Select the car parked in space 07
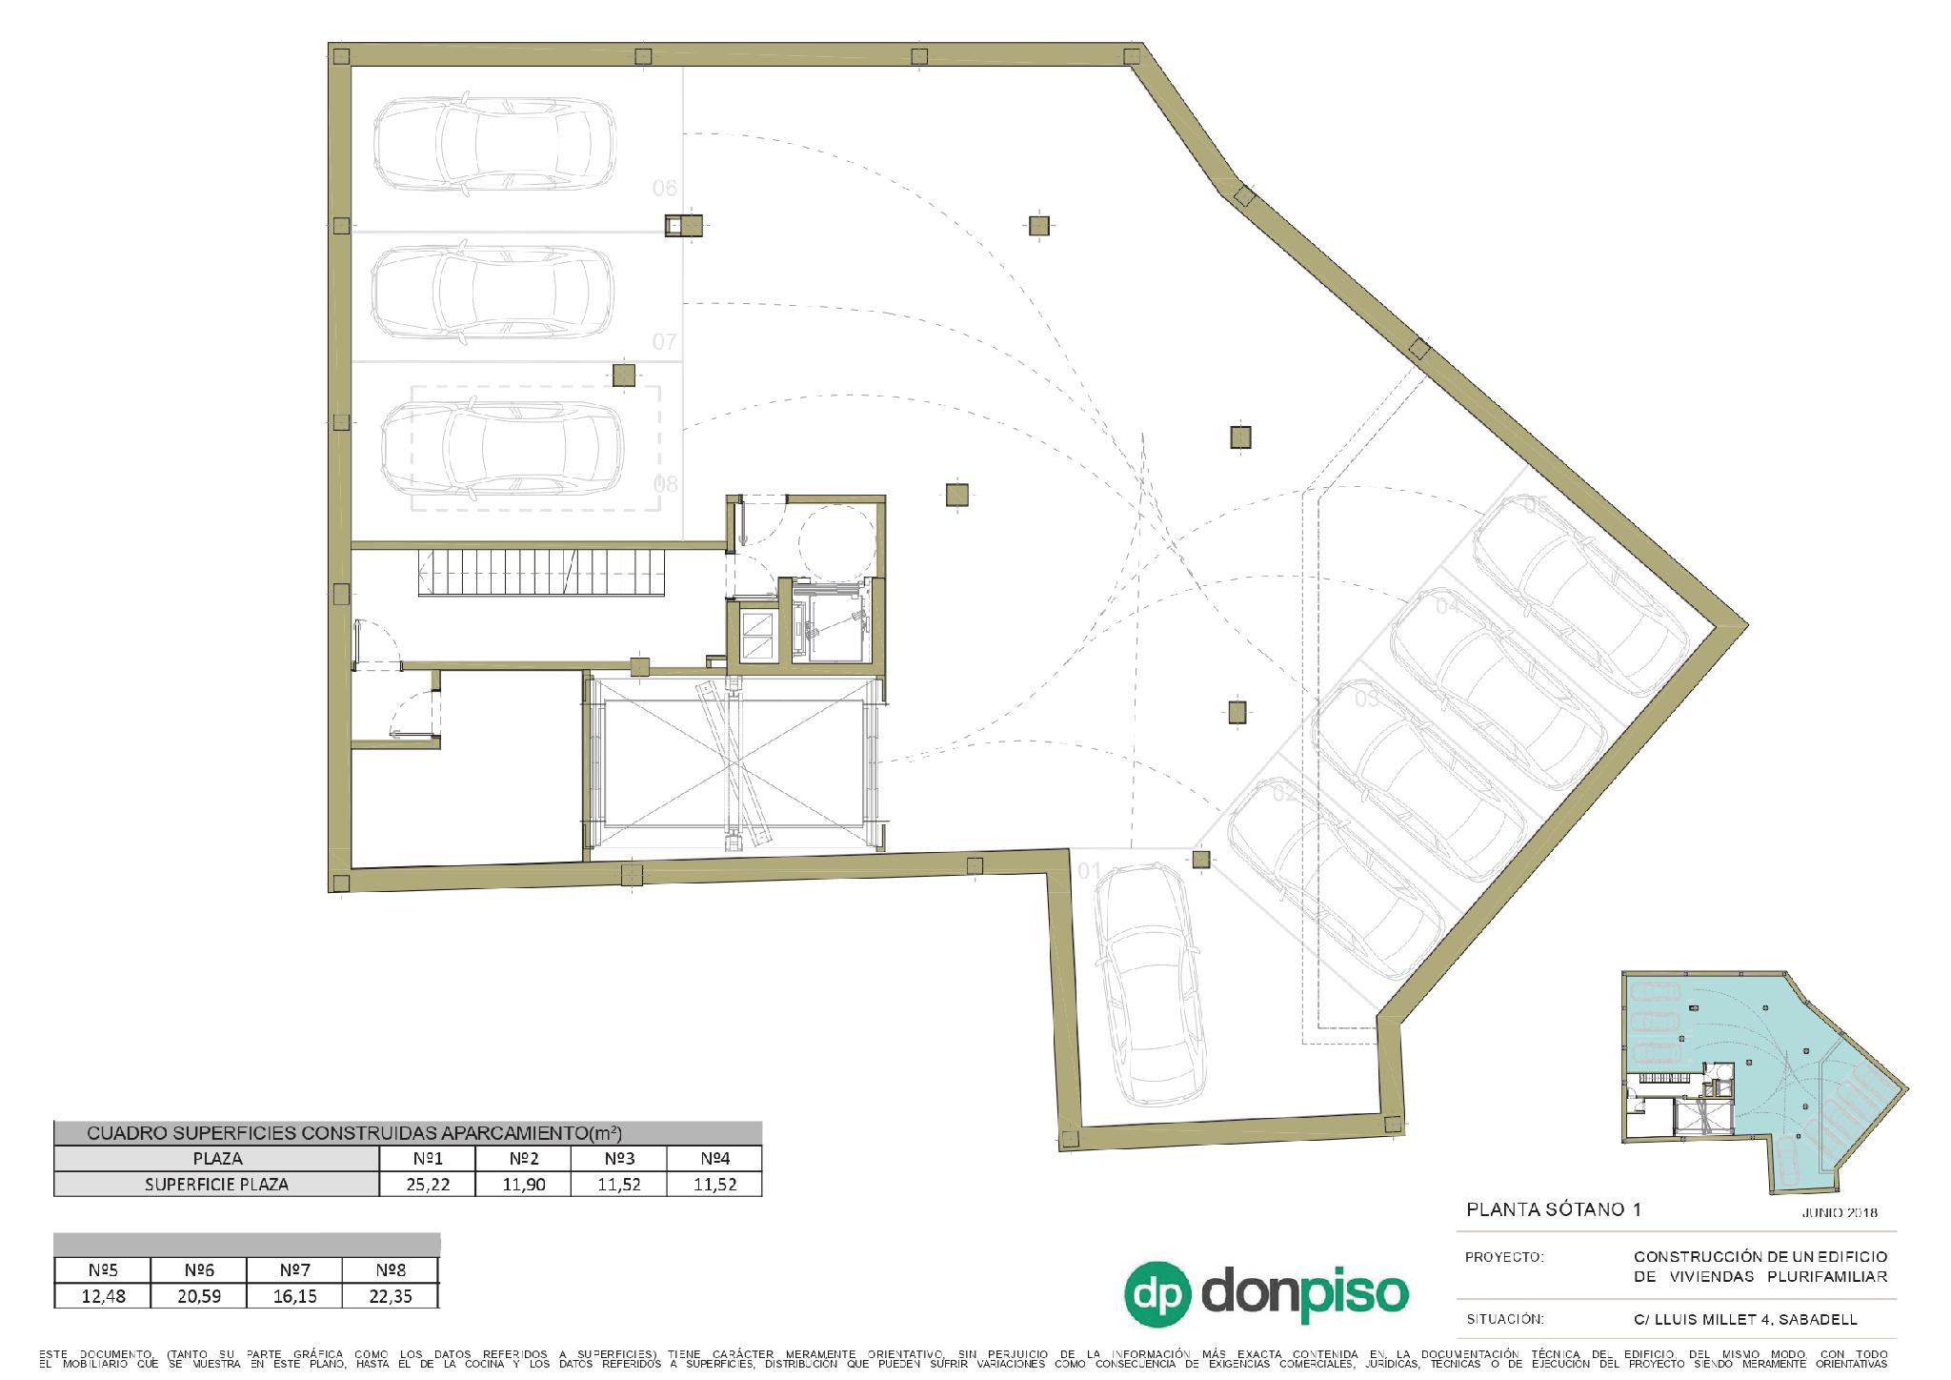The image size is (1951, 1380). [492, 293]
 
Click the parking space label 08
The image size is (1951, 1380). [665, 484]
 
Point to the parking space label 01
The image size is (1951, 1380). [1089, 871]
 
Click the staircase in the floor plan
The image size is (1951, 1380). [543, 572]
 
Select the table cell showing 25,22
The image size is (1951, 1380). [427, 1185]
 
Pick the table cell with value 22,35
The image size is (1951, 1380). [391, 1296]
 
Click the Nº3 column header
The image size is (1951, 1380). [618, 1159]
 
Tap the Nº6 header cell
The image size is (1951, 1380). [198, 1270]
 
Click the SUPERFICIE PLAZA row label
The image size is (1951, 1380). [216, 1185]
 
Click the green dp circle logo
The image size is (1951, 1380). [1158, 1294]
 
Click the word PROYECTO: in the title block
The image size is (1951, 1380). [1503, 1257]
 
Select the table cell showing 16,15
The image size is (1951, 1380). [294, 1296]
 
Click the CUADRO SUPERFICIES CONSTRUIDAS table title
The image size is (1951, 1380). [353, 1133]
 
